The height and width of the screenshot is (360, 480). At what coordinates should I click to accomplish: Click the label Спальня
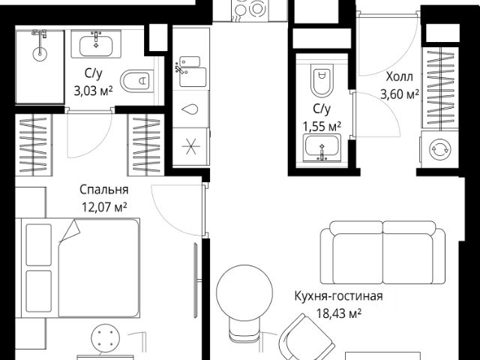[103, 190]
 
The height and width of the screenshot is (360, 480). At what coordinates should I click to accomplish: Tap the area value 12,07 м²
[104, 207]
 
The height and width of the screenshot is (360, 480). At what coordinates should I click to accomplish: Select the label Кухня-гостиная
[338, 296]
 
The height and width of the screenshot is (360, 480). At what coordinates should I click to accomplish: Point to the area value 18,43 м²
[339, 313]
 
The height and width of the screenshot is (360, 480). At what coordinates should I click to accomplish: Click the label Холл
[400, 76]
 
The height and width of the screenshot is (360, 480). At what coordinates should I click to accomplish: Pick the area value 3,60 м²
[400, 94]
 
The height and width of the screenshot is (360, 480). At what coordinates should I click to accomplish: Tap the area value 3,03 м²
[93, 91]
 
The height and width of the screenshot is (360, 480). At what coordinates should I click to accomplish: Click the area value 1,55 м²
[322, 126]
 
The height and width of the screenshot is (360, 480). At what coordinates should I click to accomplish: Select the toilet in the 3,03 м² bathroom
[136, 81]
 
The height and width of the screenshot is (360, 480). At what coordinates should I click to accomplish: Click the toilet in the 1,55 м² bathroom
[322, 80]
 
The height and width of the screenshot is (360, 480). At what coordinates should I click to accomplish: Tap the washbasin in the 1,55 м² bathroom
[322, 148]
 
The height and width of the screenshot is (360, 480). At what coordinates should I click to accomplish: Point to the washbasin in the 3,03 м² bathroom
[96, 44]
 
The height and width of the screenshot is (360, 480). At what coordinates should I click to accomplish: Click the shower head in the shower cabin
[40, 53]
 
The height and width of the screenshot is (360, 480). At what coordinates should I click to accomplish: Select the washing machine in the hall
[439, 149]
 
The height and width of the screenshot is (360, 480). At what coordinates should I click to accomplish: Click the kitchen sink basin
[193, 76]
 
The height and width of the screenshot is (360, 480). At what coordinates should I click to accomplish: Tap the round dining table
[244, 293]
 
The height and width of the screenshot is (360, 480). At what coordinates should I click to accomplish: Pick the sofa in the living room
[382, 253]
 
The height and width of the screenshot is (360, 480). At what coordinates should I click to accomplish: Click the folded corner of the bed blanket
[71, 230]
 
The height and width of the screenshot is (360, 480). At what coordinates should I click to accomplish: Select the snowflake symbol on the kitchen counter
[190, 146]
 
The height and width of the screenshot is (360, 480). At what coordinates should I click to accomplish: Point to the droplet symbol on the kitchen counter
[190, 109]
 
